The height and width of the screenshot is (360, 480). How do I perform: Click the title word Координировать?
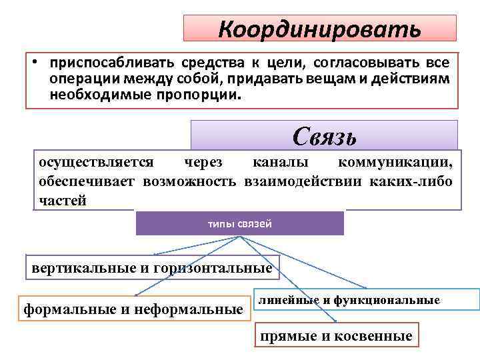[x=320, y=29]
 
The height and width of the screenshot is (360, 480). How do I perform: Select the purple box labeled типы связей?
[x=240, y=223]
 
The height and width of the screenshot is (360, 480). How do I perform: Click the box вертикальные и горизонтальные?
[x=152, y=269]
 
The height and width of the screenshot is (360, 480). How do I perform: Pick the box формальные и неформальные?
[x=133, y=309]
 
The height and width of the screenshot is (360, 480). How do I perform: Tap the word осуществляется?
[x=96, y=162]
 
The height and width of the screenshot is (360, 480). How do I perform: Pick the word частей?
[x=62, y=201]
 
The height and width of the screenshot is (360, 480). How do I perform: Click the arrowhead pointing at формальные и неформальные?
[x=137, y=294]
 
